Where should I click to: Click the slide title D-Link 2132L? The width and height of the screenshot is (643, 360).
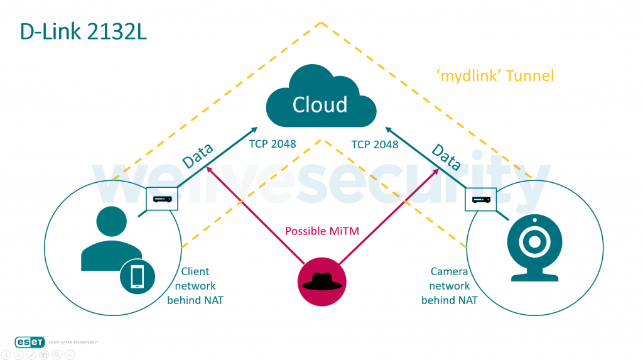(x=84, y=32)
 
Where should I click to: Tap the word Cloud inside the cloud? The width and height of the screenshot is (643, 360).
(x=320, y=104)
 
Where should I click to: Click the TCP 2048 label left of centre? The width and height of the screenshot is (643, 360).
(x=273, y=145)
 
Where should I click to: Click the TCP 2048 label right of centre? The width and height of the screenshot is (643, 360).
(x=375, y=145)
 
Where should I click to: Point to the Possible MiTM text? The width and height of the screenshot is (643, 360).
(x=322, y=231)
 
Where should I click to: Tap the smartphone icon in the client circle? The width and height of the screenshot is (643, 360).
(x=138, y=277)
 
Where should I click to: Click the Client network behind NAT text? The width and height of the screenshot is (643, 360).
(x=195, y=286)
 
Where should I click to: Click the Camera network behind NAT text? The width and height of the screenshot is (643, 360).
(x=449, y=286)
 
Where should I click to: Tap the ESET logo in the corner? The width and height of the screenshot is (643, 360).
(x=31, y=341)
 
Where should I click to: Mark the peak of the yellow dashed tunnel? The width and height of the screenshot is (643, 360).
(x=321, y=23)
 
